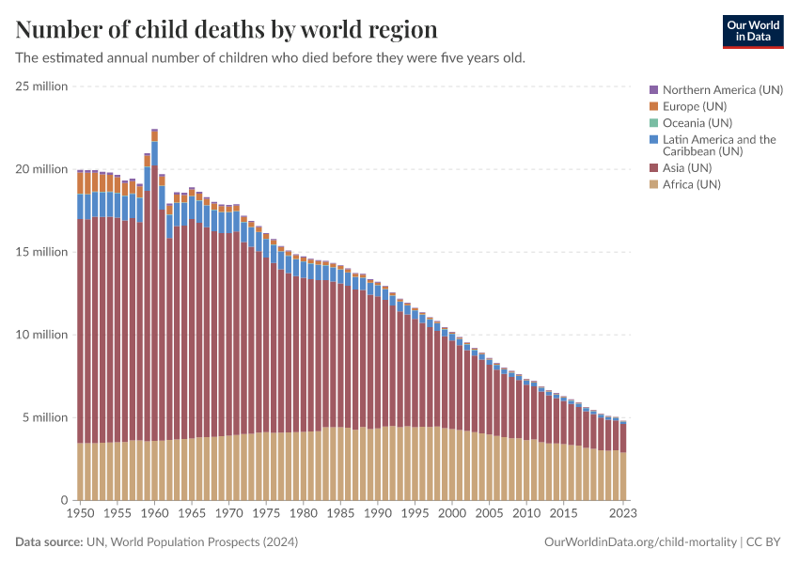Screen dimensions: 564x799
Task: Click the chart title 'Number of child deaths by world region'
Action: tap(227, 29)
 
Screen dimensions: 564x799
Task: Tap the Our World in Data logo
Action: tap(752, 31)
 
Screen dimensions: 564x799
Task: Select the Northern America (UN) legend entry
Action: tap(722, 90)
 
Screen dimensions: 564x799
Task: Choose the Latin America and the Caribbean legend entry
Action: tap(719, 146)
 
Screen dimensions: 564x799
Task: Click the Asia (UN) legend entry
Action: tap(691, 167)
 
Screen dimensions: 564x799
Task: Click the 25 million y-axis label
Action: tap(41, 86)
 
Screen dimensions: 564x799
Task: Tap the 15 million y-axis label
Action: tap(41, 252)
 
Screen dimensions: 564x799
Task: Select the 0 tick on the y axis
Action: tap(64, 500)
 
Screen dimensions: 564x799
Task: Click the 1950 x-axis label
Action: tap(80, 514)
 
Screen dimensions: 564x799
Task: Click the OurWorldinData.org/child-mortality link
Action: tap(640, 542)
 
